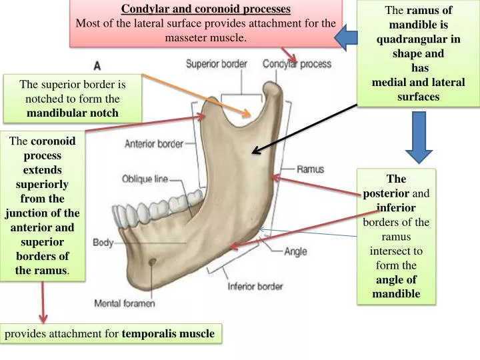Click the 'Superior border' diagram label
pyautogui.click(x=216, y=65)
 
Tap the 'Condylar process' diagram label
pyautogui.click(x=297, y=65)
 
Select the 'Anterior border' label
pyautogui.click(x=154, y=143)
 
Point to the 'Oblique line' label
pyautogui.click(x=145, y=179)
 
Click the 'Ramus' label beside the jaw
pyautogui.click(x=310, y=169)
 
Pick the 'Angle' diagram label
pyautogui.click(x=295, y=251)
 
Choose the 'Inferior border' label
pyautogui.click(x=256, y=287)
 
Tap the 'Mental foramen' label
pyautogui.click(x=125, y=303)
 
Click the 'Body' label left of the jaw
pyautogui.click(x=103, y=242)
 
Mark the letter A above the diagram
pyautogui.click(x=97, y=66)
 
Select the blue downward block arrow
pyautogui.click(x=419, y=137)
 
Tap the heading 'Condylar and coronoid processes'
pyautogui.click(x=206, y=9)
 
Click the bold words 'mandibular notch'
pyautogui.click(x=73, y=113)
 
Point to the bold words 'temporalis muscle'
pyautogui.click(x=169, y=333)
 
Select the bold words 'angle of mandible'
pyautogui.click(x=396, y=287)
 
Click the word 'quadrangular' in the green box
pyautogui.click(x=418, y=39)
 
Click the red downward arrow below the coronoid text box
pyautogui.click(x=44, y=303)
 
